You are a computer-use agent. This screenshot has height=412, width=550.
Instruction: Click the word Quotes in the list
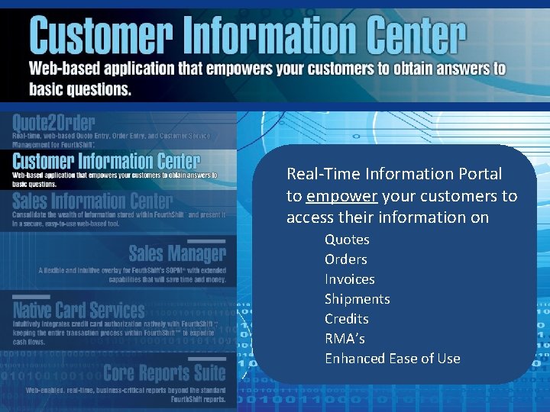[347, 240]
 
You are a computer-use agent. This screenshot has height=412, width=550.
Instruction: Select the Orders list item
[345, 259]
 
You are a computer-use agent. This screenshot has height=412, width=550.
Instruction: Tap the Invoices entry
[349, 279]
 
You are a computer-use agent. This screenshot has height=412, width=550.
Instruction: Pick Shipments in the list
[357, 299]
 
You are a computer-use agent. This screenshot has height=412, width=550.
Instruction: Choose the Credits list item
[346, 319]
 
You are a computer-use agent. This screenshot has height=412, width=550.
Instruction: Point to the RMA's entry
[345, 339]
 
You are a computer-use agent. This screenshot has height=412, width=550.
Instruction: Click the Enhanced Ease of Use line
[392, 359]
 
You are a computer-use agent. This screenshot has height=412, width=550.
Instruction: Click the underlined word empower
[341, 196]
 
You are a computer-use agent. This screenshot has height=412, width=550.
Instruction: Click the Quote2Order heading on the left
[53, 123]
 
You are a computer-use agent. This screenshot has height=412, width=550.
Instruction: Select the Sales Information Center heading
[92, 201]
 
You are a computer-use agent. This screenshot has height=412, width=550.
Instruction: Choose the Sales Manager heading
[176, 253]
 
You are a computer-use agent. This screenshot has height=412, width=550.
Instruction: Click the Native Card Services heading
[78, 310]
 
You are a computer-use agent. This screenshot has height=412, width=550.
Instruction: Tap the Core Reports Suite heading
[164, 373]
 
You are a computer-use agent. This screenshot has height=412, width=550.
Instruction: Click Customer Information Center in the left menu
[106, 161]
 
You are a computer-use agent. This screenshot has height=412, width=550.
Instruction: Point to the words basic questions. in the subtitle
[80, 89]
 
